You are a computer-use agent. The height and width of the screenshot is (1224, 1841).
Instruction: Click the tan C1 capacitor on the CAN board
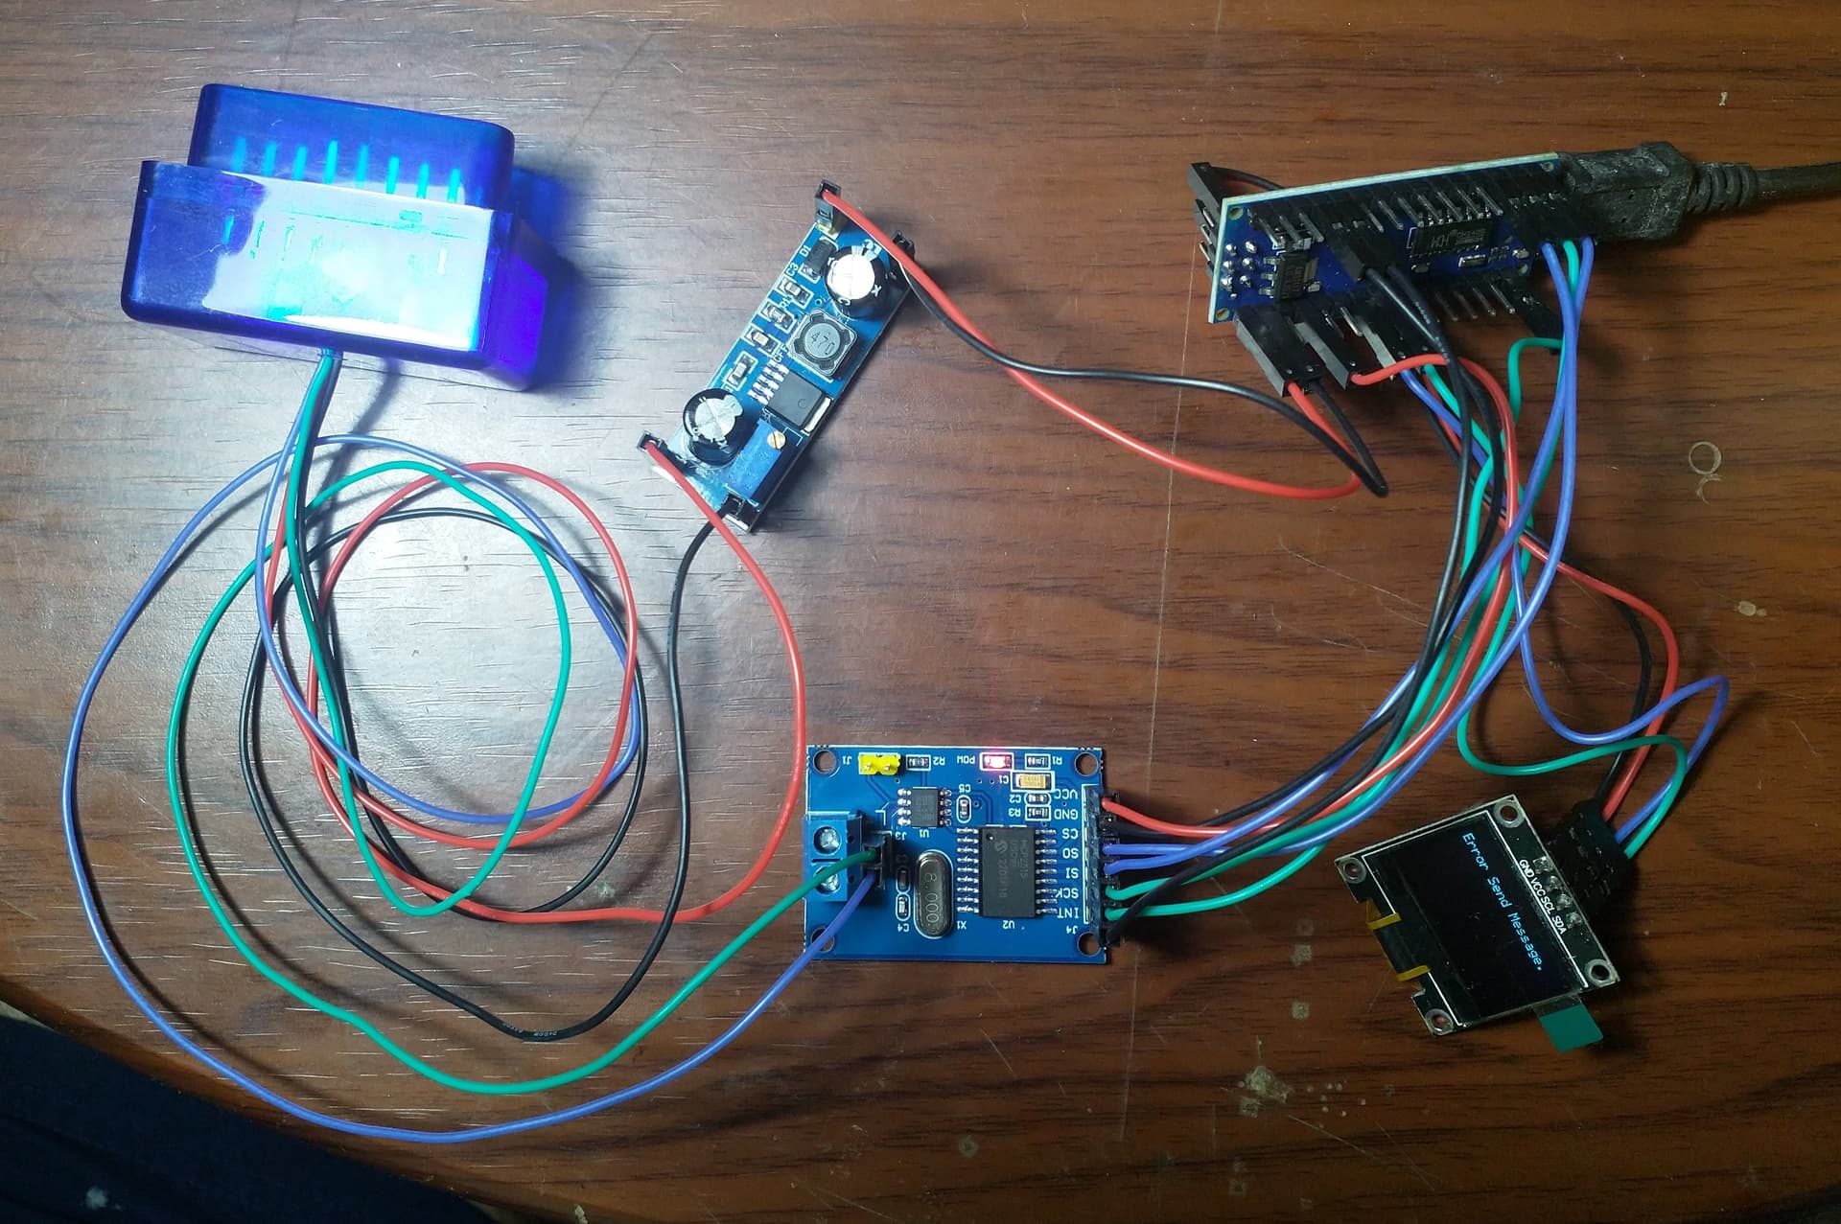(1034, 781)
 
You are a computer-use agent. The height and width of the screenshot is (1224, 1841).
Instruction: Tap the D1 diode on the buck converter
(806, 257)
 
